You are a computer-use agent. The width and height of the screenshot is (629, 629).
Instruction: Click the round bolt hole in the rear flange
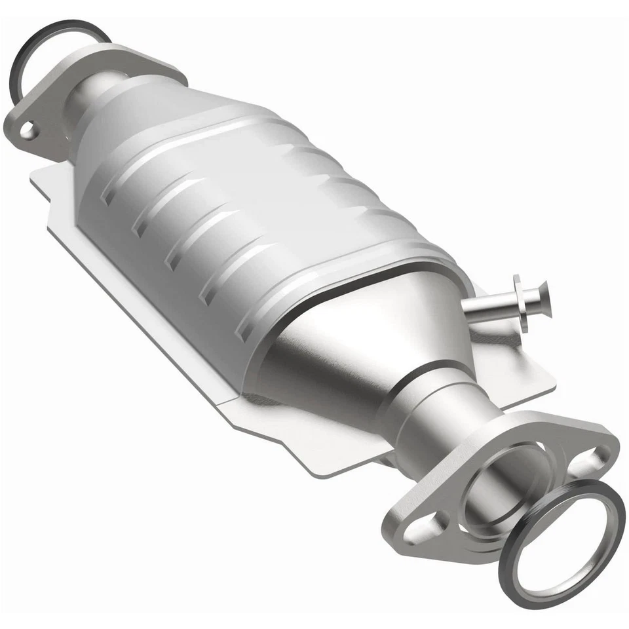(27, 131)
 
